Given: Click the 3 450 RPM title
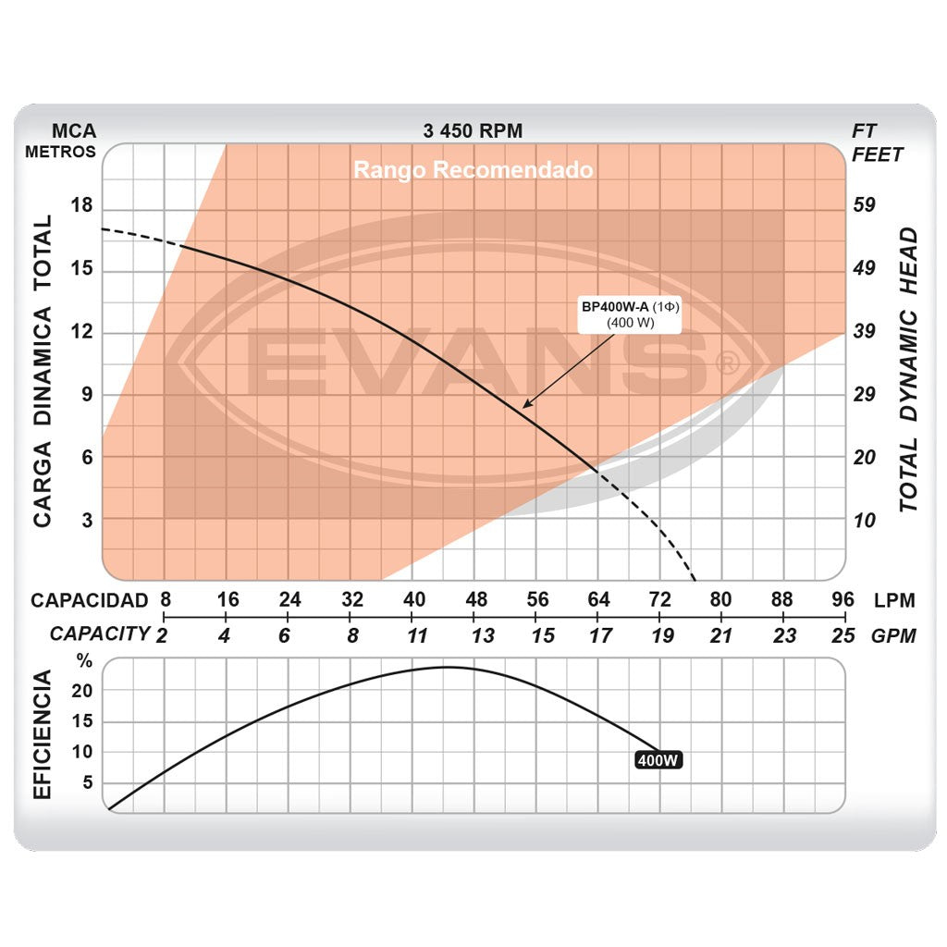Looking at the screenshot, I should coord(473,131).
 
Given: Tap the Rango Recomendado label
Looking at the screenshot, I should coord(473,171).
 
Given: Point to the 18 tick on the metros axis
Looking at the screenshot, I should coord(81,205).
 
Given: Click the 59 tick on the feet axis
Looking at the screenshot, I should coord(864,205).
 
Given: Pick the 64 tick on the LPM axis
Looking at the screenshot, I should coord(598,600).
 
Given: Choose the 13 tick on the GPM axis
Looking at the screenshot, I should coord(482,635).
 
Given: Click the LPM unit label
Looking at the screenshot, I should coord(894,601).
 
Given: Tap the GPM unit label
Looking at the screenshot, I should coord(894,635).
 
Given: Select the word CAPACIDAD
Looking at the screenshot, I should coord(89,600).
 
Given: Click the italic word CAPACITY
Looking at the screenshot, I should coord(100,634).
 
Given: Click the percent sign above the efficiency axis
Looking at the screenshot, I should coord(84,661).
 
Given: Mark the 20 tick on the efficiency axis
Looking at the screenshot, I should coord(83,691).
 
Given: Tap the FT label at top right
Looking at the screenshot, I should coord(864,131).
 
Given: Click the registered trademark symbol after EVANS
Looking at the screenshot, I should coord(727,363).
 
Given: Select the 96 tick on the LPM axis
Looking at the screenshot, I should coord(842,600).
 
